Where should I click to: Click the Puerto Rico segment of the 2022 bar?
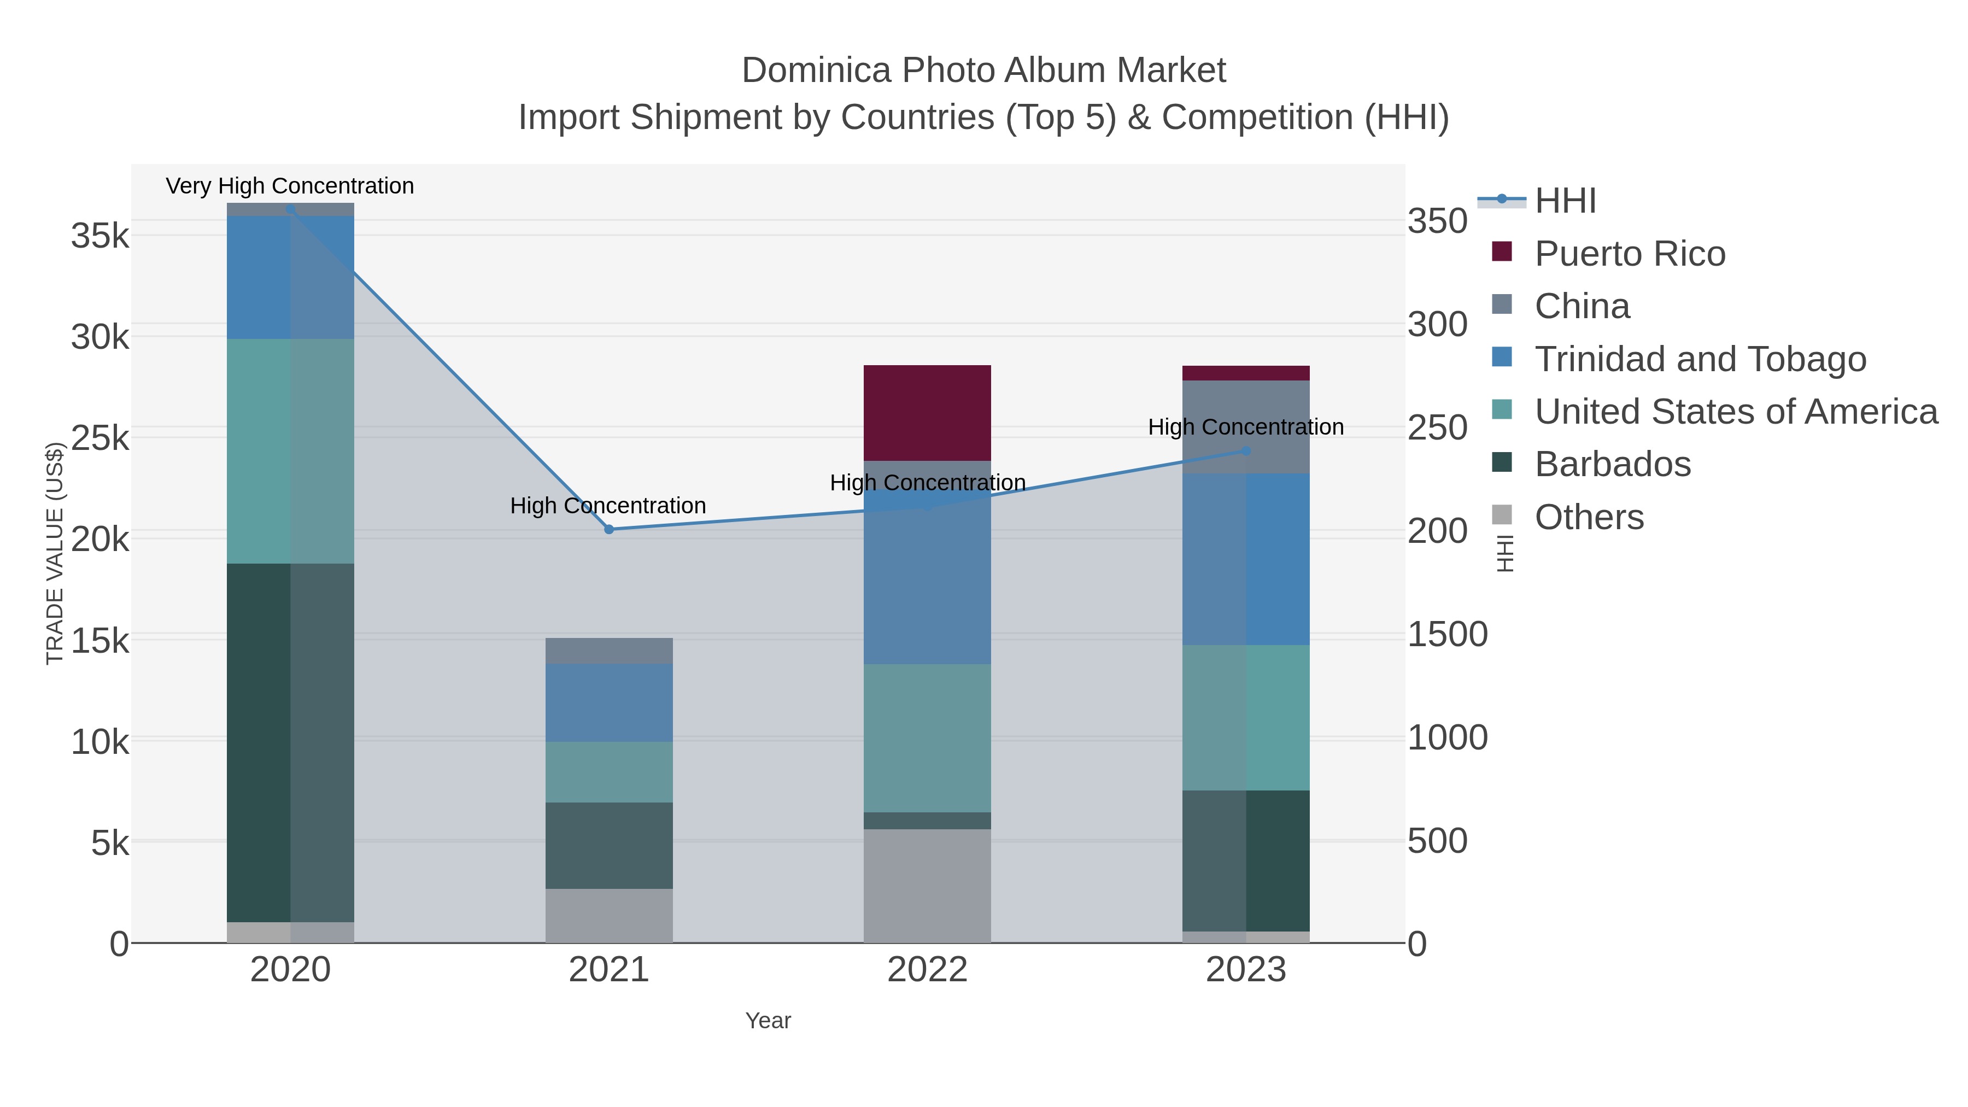tap(927, 413)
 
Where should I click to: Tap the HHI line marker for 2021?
tap(609, 529)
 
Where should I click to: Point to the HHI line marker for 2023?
tap(1246, 451)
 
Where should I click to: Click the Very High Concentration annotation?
tap(290, 186)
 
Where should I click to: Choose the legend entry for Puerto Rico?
tap(1629, 254)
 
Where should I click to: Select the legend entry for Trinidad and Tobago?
tap(1700, 359)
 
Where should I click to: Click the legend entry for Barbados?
tap(1612, 465)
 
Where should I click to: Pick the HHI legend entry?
tap(1565, 201)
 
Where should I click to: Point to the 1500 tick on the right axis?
tap(1447, 634)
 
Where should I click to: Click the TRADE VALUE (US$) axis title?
tap(55, 553)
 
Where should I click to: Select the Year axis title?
tap(768, 1021)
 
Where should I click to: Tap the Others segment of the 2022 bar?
tap(927, 886)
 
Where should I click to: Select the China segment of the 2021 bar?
tap(609, 651)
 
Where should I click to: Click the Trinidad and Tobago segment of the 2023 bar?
tap(1246, 559)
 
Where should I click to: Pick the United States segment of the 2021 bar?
tap(609, 771)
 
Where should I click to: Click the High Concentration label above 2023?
tap(1246, 427)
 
